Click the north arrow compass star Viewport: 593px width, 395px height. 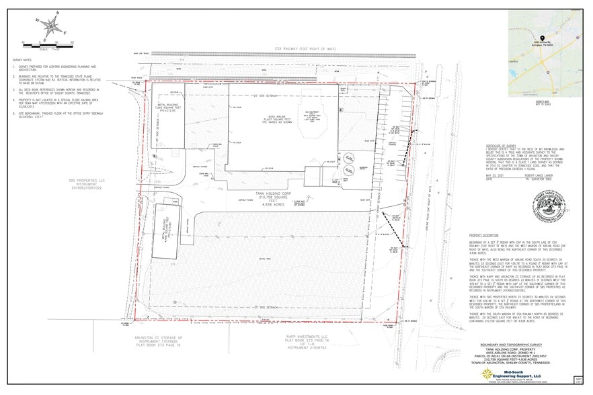[x=48, y=28]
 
